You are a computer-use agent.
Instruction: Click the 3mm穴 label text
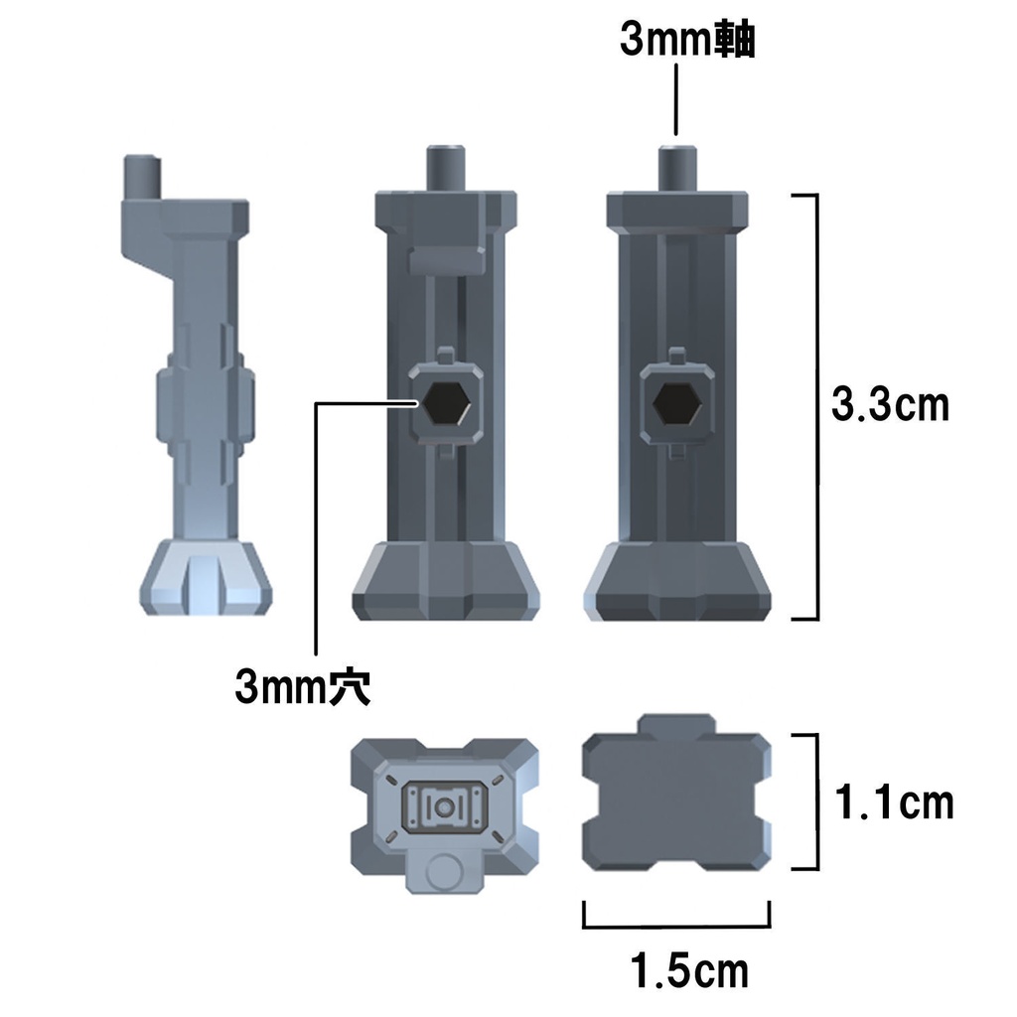point(303,685)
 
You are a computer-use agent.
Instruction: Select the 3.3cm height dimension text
point(891,405)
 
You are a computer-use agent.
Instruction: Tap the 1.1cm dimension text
point(893,802)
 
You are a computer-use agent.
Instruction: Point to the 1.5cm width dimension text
point(690,970)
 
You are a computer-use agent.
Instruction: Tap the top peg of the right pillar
point(677,169)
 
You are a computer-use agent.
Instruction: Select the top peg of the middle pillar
point(447,169)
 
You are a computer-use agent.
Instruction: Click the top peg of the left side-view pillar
point(140,177)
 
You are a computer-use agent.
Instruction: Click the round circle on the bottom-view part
point(444,873)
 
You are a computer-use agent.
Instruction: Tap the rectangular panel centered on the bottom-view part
point(444,806)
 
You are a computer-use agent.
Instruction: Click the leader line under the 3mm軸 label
point(676,99)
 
